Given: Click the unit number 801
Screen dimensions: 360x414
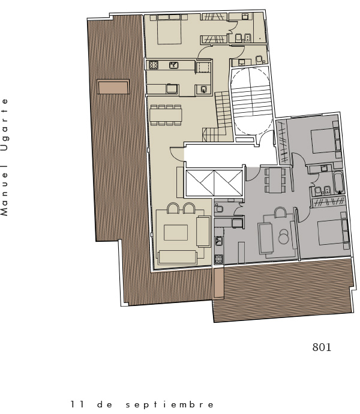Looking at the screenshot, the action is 322,347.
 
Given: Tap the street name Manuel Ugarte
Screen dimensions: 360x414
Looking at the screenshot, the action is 4,157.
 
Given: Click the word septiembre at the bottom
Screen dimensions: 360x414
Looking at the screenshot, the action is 169,404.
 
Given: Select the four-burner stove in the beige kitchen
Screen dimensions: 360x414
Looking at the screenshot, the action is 154,65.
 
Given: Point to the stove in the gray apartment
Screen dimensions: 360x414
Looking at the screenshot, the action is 218,259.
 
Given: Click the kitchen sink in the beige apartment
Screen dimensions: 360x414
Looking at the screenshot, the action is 173,65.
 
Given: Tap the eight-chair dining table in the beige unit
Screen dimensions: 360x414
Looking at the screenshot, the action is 166,115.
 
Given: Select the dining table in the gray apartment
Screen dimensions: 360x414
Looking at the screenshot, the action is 275,181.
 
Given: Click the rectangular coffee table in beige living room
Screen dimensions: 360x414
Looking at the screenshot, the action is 176,232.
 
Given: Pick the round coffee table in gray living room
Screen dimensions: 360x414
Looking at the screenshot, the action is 283,236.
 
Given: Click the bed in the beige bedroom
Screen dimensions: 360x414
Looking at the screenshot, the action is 169,29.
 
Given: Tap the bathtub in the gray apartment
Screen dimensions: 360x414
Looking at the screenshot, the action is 338,182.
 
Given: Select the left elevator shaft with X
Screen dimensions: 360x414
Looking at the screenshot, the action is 200,182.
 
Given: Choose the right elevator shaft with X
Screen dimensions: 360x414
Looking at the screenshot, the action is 228,182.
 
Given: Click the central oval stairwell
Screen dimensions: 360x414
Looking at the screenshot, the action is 252,101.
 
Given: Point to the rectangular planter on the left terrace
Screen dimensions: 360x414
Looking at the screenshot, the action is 113,86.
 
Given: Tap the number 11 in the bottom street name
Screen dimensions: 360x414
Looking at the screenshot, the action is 77,404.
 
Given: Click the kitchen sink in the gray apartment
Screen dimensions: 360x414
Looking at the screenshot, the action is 218,241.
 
